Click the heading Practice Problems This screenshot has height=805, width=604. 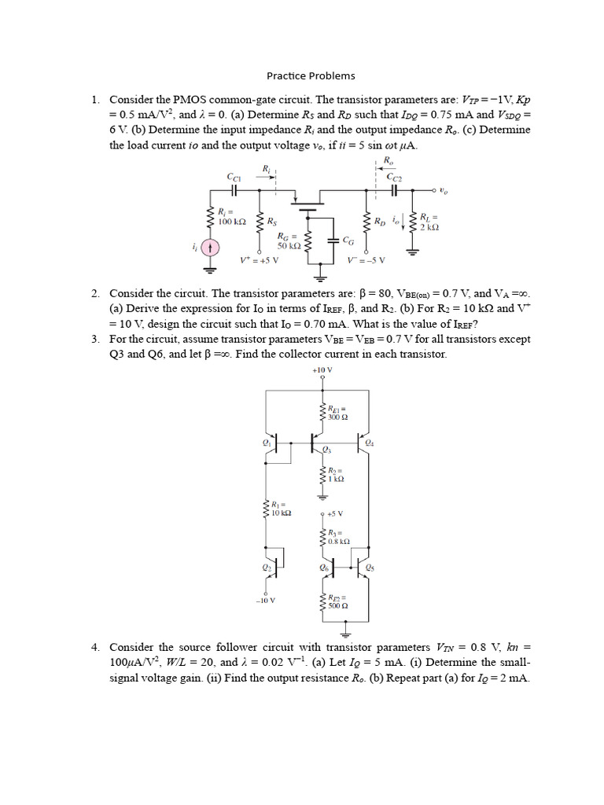tap(311, 76)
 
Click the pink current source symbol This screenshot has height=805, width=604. tap(210, 247)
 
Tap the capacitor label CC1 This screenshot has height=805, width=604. tap(234, 178)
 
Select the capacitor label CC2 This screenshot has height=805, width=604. tap(394, 178)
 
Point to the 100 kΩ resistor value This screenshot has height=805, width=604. tap(232, 222)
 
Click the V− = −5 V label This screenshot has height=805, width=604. tap(366, 260)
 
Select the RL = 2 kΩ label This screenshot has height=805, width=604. tap(429, 222)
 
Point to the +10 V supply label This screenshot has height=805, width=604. tap(322, 369)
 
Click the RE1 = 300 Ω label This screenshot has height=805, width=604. tap(339, 413)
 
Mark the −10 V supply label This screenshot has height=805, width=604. tap(265, 601)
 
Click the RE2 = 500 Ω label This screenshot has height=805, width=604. tap(339, 602)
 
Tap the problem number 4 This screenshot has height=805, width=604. tap(94, 647)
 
